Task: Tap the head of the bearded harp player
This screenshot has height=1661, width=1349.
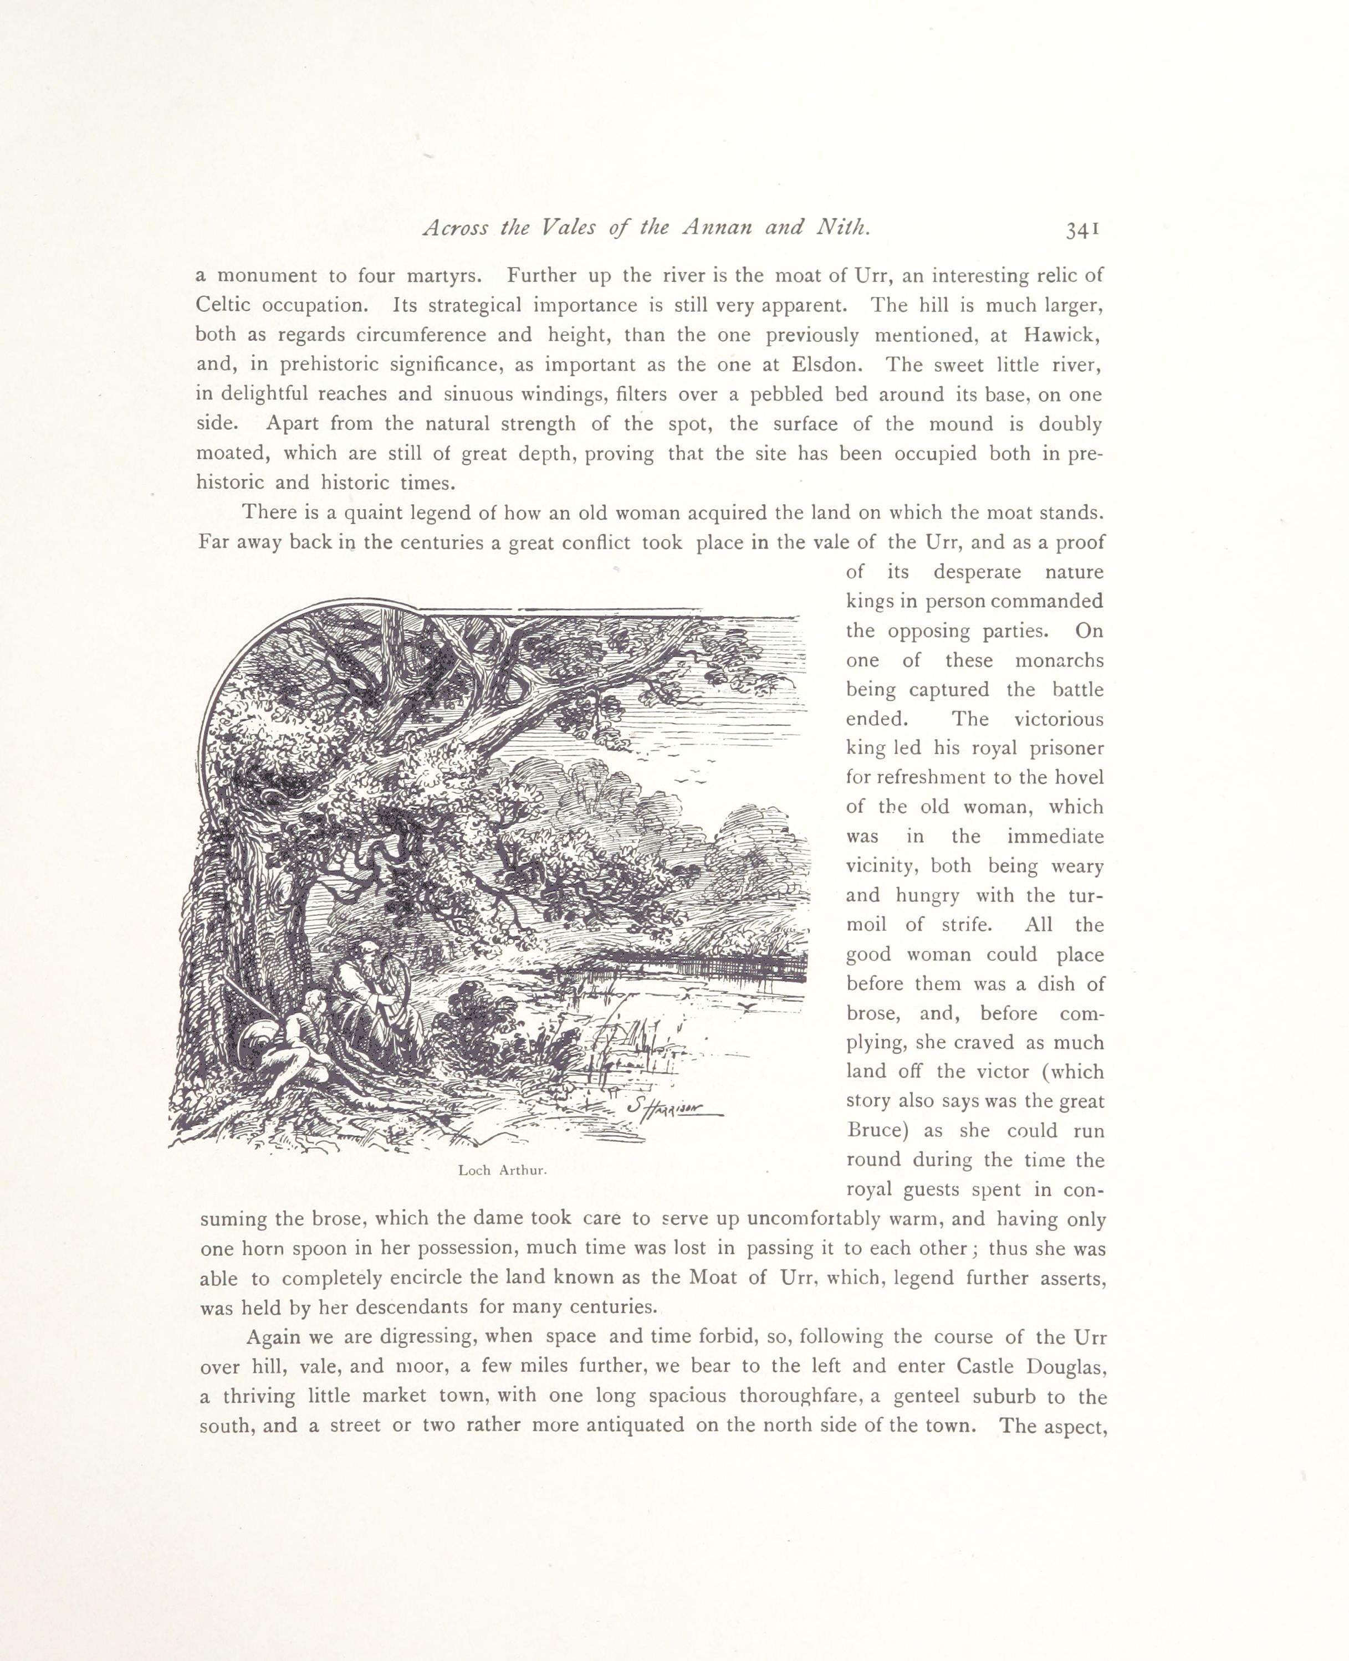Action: pyautogui.click(x=363, y=954)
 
